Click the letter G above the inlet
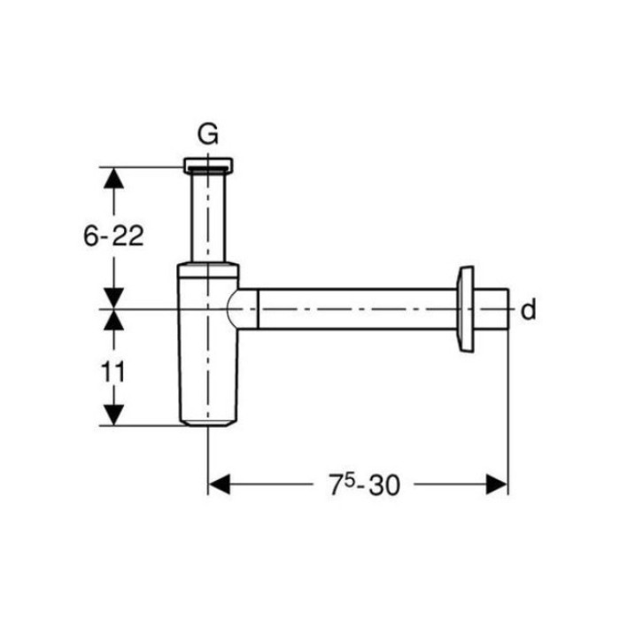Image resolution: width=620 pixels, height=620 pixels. tap(207, 134)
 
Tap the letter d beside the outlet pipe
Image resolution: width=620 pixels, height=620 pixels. tap(528, 309)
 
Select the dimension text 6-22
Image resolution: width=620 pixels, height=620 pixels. tap(113, 236)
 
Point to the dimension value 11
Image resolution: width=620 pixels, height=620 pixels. tap(113, 372)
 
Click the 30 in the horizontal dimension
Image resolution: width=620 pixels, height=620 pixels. tap(384, 485)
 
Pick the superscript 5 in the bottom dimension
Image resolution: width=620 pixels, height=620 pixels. tap(348, 479)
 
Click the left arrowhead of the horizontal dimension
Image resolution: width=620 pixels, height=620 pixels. tap(219, 484)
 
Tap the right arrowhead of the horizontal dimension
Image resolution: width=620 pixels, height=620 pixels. tap(497, 484)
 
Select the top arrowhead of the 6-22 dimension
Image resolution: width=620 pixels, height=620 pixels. tap(114, 178)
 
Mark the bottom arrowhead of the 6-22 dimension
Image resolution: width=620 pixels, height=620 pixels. tap(114, 298)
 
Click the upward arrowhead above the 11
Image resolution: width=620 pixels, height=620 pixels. tap(114, 320)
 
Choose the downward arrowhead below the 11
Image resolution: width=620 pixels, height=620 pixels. tap(114, 415)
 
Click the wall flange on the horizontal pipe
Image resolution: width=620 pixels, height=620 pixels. tap(465, 309)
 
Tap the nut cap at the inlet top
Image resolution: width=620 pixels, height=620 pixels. tap(208, 166)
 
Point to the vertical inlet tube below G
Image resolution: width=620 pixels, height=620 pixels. tap(208, 218)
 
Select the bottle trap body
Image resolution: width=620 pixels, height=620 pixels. tap(208, 344)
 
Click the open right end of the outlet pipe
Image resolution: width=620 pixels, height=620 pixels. tap(508, 309)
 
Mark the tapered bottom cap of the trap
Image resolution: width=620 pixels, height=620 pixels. tap(208, 423)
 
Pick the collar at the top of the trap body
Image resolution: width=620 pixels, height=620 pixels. tap(208, 270)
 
